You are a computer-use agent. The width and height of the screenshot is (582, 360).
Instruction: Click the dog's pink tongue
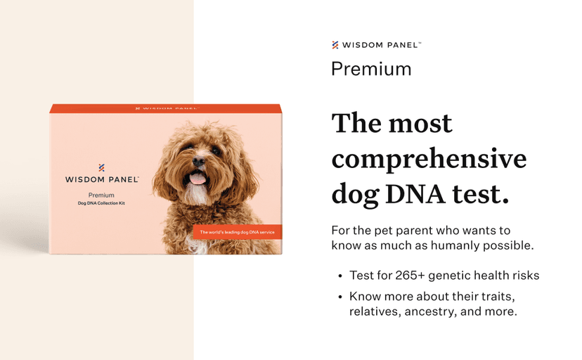tap(199, 178)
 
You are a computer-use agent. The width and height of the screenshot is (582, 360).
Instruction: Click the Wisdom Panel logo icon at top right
tap(335, 45)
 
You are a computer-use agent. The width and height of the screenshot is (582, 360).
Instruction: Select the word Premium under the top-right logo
tap(371, 69)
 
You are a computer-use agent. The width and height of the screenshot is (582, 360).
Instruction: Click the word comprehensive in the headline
tap(429, 160)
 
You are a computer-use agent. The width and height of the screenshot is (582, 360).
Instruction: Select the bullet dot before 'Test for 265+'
tap(340, 276)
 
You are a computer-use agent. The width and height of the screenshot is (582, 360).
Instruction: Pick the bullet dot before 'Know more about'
tap(340, 297)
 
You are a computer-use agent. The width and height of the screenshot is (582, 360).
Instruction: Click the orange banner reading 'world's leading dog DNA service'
tap(238, 232)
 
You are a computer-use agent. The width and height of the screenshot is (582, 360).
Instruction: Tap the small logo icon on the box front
tap(101, 168)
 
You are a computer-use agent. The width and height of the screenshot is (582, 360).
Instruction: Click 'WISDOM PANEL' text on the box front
tap(101, 180)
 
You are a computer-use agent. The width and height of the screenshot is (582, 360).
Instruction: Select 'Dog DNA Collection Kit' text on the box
tap(101, 204)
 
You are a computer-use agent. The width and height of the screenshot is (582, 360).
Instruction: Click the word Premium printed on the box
tap(101, 195)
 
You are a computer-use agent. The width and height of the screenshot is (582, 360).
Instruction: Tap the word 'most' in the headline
tap(420, 124)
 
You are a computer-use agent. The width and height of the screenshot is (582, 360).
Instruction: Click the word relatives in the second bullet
tap(375, 311)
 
